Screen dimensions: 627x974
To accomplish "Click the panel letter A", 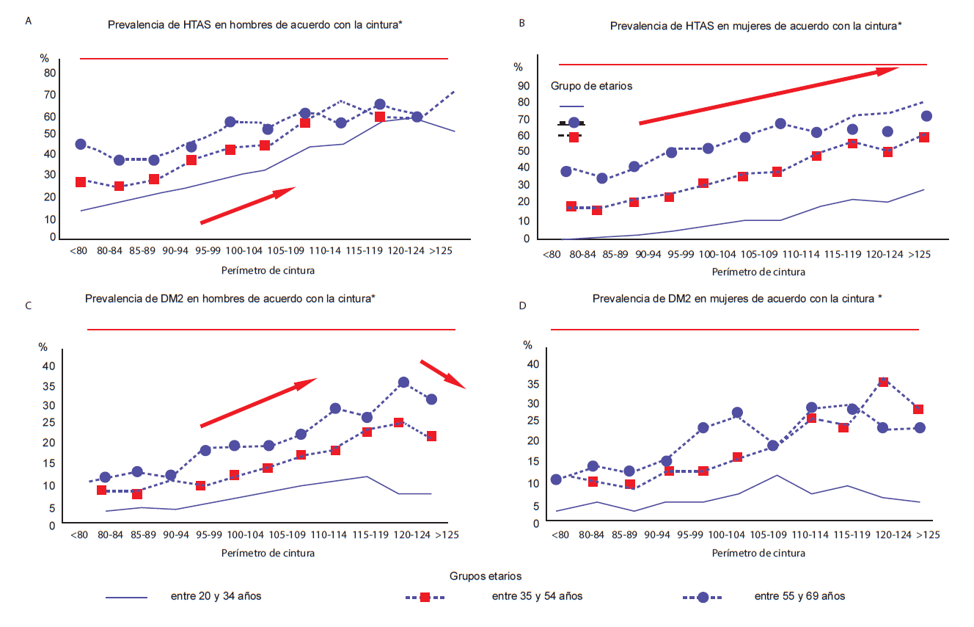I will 28,21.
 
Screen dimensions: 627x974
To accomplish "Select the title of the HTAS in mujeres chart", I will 755,26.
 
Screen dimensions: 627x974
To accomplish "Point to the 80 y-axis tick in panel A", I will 50,73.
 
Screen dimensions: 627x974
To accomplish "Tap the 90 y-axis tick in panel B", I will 523,85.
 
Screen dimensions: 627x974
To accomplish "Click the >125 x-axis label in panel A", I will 442,250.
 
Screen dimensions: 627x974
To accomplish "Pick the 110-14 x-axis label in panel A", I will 325,250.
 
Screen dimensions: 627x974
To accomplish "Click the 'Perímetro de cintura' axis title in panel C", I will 268,553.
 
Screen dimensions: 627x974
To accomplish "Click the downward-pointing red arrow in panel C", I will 443,374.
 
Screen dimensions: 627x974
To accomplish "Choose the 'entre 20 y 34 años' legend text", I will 216,596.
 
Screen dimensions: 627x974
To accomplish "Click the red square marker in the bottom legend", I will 425,597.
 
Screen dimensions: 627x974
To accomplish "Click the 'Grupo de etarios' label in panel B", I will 591,86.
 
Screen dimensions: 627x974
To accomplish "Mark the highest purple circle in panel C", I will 403,383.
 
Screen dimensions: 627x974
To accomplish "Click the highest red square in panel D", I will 883,382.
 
